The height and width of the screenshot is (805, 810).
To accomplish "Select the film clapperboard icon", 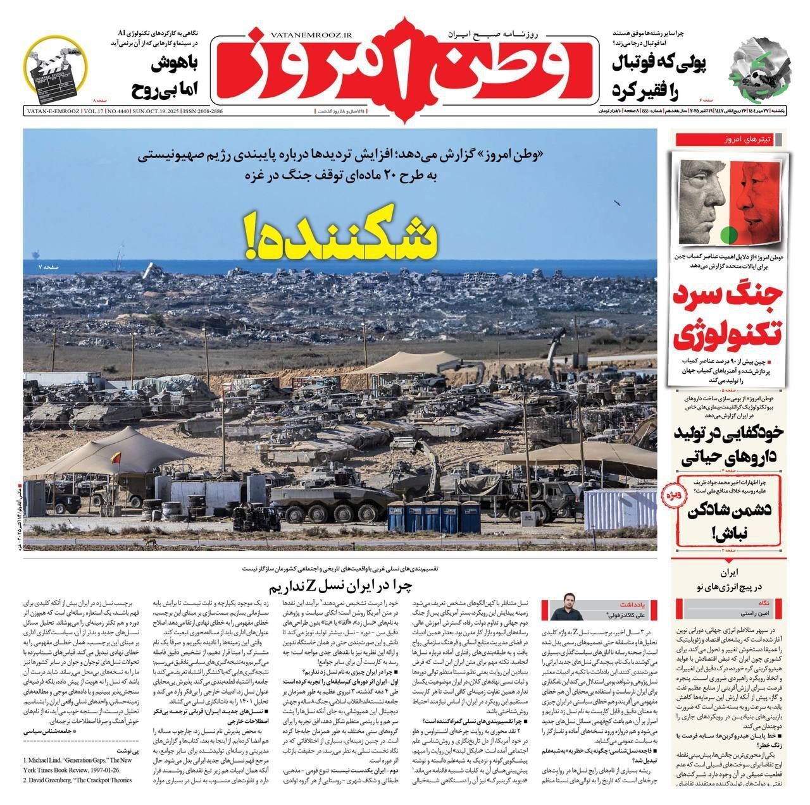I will (59, 68).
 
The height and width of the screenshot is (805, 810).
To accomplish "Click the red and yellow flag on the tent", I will (115, 456).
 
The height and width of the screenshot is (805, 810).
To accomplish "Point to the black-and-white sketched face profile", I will (703, 202).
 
